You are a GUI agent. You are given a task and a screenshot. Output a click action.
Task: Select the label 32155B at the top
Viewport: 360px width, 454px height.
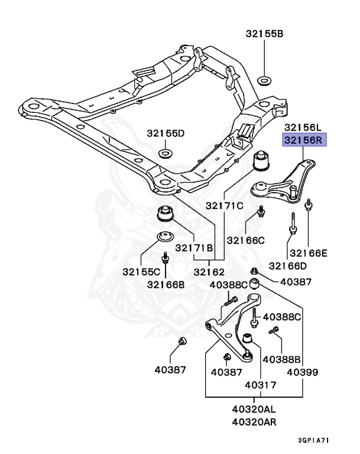coord(264,34)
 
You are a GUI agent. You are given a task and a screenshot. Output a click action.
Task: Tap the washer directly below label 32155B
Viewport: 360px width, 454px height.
coord(265,80)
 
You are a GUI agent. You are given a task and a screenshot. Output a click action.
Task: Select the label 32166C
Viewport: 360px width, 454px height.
coord(246,240)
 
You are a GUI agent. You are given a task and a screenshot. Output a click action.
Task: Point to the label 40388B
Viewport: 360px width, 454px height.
coord(282,359)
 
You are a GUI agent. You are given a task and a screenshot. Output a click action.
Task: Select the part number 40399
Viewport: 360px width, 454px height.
coord(303,372)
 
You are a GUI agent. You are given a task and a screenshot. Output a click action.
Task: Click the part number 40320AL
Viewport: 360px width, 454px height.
coord(253,409)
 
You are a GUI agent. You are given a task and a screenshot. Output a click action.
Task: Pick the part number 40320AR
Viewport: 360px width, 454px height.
coord(253,422)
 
